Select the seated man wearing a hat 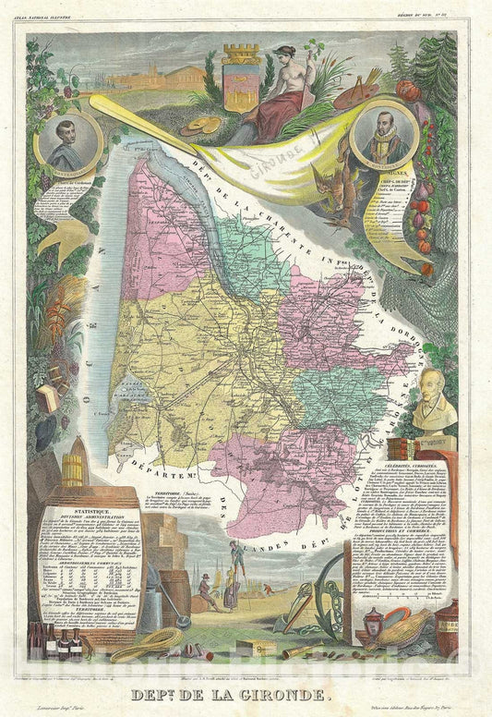point(205,590)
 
